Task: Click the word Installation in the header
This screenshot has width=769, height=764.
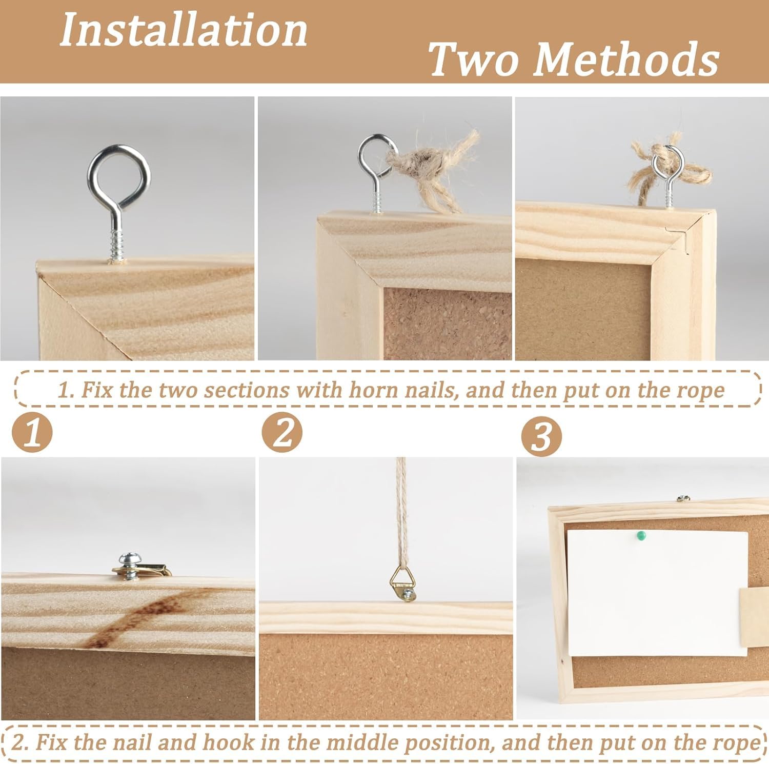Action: [x=184, y=31]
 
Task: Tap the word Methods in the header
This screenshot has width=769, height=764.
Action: [x=626, y=59]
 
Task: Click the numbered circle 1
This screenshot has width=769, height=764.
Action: [x=32, y=433]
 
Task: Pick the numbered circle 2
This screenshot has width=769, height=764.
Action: [x=282, y=433]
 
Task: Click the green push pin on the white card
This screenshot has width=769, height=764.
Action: [x=640, y=536]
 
